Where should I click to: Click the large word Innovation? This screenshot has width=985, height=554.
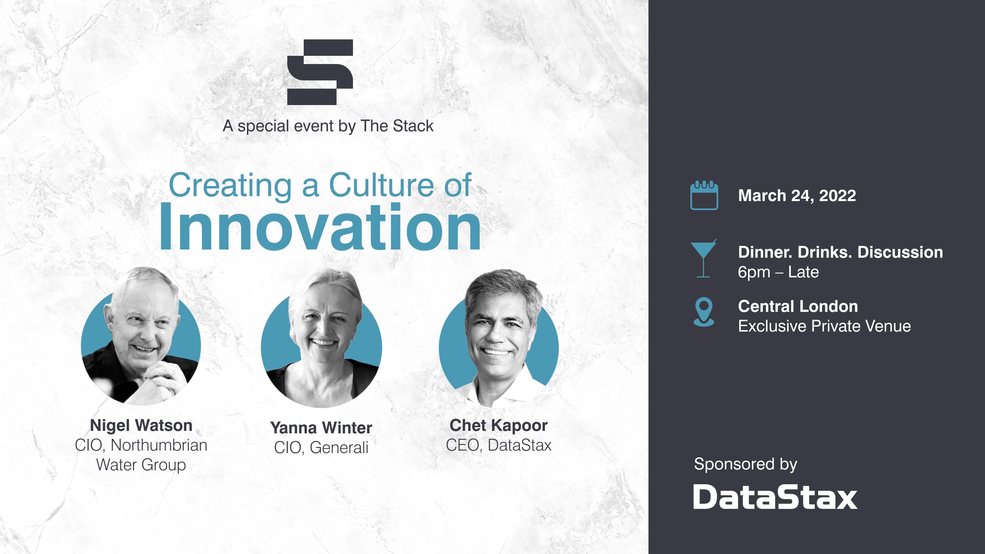pyautogui.click(x=320, y=228)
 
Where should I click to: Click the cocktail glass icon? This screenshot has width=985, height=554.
pyautogui.click(x=703, y=259)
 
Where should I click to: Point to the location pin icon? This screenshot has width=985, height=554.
pyautogui.click(x=703, y=312)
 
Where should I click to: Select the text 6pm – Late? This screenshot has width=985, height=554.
pyautogui.click(x=778, y=272)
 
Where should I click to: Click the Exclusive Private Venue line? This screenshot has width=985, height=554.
pyautogui.click(x=824, y=326)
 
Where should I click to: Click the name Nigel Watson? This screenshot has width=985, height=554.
pyautogui.click(x=141, y=425)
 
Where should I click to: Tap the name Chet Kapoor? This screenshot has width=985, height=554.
pyautogui.click(x=498, y=425)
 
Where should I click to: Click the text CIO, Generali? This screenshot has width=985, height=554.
pyautogui.click(x=321, y=447)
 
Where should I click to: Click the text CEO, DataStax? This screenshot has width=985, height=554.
pyautogui.click(x=498, y=445)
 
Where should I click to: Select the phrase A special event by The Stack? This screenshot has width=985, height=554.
pyautogui.click(x=328, y=126)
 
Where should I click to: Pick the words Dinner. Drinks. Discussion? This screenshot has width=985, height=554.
pyautogui.click(x=840, y=252)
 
